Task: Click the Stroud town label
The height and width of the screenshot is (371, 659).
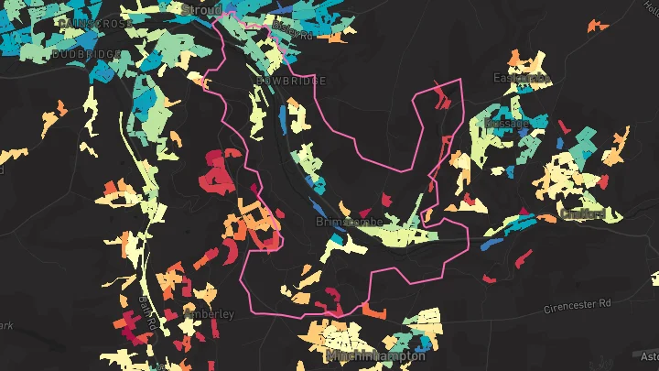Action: pos(202,9)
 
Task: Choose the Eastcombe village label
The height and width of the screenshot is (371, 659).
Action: pos(520,78)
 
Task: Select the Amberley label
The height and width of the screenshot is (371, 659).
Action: pos(209,314)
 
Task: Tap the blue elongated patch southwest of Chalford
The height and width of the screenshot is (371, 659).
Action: pos(491,245)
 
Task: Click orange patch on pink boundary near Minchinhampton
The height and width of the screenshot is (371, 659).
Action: pos(374,309)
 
